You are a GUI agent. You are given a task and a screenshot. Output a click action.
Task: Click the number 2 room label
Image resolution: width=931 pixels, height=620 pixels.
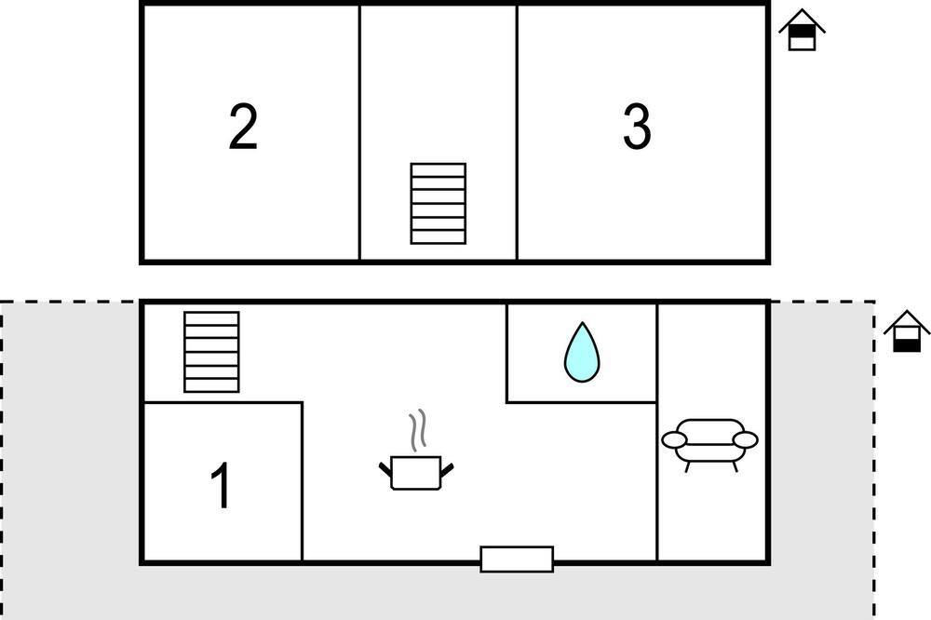pyautogui.click(x=243, y=128)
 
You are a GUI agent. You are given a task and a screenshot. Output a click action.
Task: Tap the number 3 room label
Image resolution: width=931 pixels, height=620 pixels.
pyautogui.click(x=637, y=128)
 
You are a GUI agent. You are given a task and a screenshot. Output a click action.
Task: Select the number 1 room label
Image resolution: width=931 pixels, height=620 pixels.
pyautogui.click(x=221, y=485)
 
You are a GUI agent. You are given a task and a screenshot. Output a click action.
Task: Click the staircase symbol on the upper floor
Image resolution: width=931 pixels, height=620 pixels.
pyautogui.click(x=438, y=204)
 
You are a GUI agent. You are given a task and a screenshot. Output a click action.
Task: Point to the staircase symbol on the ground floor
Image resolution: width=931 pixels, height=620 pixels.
pyautogui.click(x=211, y=352)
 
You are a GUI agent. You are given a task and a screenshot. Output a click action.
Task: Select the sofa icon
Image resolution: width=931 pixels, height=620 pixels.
pyautogui.click(x=709, y=441)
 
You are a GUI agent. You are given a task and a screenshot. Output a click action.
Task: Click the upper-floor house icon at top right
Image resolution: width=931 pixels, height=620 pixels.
pyautogui.click(x=802, y=31)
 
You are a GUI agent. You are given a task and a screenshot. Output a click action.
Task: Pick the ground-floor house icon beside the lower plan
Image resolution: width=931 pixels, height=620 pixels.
pyautogui.click(x=907, y=333)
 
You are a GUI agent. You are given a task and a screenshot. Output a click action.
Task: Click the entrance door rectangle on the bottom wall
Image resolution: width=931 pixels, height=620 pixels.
pyautogui.click(x=517, y=559)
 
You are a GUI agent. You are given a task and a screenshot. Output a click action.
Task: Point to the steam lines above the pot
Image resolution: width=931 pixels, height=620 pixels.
pyautogui.click(x=419, y=429)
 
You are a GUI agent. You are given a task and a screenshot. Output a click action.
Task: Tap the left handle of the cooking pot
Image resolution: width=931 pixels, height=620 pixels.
pyautogui.click(x=386, y=468)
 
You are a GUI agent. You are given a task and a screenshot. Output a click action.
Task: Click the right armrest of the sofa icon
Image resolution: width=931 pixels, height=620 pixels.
pyautogui.click(x=746, y=439)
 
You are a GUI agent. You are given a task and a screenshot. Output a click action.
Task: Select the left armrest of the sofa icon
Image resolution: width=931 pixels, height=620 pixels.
pyautogui.click(x=674, y=439)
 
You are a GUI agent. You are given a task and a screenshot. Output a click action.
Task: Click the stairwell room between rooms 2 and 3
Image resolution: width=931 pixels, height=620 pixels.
pyautogui.click(x=438, y=93)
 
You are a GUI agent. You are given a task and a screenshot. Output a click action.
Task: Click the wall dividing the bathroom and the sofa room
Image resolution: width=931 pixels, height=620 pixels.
pyautogui.click(x=657, y=354)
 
